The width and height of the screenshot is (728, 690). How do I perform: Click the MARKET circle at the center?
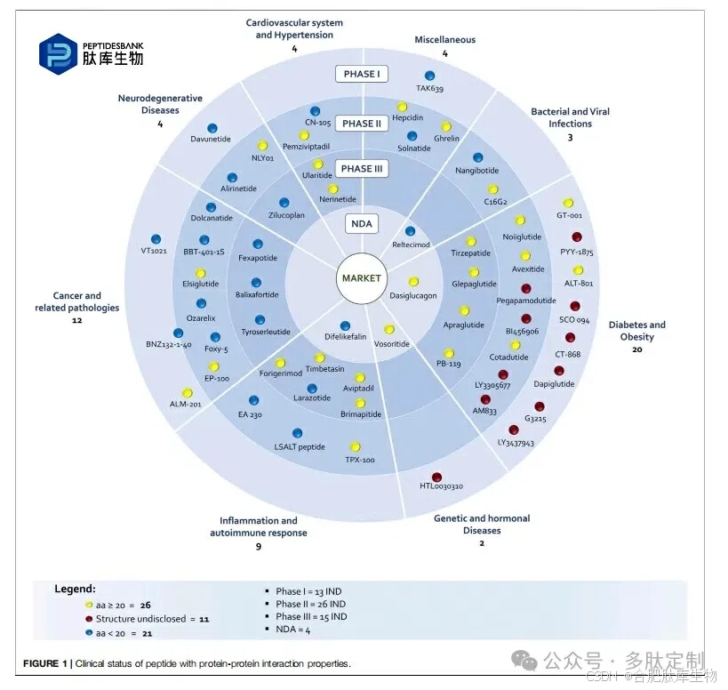[361, 278]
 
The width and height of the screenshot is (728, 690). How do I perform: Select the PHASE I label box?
[362, 74]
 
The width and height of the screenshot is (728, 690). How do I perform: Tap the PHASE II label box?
[362, 124]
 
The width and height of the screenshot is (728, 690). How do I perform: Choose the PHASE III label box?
[362, 169]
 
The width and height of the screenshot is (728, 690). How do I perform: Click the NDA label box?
[362, 223]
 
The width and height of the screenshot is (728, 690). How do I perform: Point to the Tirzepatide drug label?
[471, 253]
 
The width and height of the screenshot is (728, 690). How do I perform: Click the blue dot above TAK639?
[430, 76]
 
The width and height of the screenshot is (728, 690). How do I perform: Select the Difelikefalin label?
[346, 338]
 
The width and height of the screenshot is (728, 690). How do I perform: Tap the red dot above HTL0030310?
[436, 477]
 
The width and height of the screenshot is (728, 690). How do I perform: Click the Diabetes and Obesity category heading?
[637, 331]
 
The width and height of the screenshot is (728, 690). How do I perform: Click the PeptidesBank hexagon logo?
[58, 52]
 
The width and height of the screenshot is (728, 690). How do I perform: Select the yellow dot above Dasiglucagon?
[413, 282]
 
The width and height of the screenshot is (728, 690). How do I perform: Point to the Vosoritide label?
[391, 342]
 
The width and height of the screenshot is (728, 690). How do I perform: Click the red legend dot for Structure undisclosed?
[88, 618]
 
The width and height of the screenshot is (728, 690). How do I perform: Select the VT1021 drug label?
[155, 251]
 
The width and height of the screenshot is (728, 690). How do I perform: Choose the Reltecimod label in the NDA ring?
[411, 244]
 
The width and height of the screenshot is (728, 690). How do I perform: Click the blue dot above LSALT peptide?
[297, 433]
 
